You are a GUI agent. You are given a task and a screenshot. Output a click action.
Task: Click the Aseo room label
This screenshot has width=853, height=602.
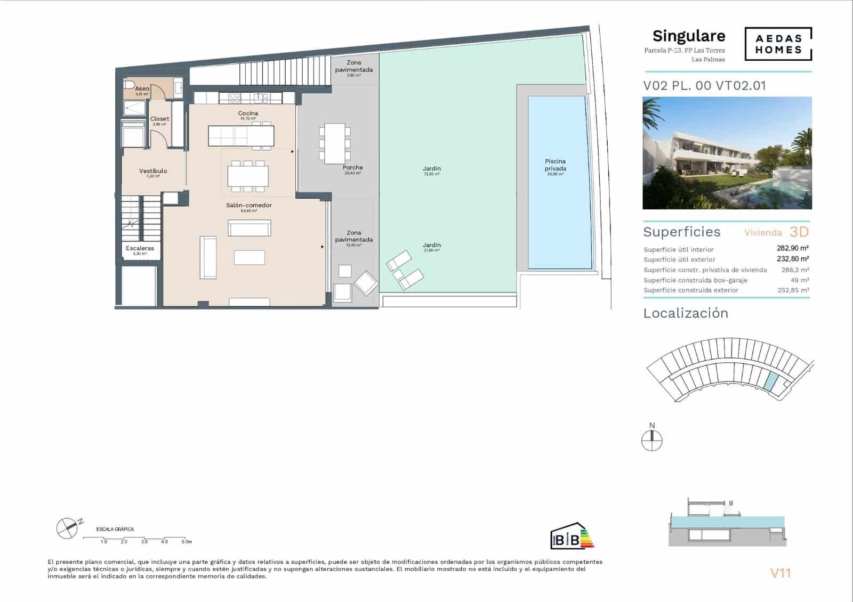point(142,89)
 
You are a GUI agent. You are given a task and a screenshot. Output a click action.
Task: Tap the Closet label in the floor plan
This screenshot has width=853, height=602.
point(159,119)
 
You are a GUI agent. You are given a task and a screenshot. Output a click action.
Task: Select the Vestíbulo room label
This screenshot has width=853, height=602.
point(153,171)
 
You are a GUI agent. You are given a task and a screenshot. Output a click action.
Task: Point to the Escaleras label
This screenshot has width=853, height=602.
point(140,248)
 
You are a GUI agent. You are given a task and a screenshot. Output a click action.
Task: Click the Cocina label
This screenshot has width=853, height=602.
point(248,113)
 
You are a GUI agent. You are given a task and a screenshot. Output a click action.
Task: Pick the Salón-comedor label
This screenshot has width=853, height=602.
point(248,205)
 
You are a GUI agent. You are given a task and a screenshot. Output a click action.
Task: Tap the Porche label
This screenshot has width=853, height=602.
point(352,168)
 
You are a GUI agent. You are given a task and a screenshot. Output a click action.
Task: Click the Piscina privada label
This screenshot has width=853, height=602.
point(555,165)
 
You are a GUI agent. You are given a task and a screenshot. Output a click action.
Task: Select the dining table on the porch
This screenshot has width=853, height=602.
point(334,143)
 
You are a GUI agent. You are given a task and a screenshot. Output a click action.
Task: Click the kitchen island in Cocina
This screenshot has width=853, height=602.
point(241,135)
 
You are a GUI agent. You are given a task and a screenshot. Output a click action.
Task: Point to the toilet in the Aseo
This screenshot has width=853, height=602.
point(129,85)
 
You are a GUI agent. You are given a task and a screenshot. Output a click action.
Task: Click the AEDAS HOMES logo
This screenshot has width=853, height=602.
point(778,44)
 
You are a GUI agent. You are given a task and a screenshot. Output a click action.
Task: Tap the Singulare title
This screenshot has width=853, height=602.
point(688,36)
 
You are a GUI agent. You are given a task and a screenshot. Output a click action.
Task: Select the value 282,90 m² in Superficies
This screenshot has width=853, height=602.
point(792,248)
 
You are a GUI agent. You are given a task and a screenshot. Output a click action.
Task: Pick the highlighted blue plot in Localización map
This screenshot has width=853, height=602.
point(770,380)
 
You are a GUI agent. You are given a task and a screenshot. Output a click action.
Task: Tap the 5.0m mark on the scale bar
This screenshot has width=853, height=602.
point(186,541)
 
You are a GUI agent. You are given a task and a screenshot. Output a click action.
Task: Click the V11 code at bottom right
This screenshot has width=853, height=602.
point(780,573)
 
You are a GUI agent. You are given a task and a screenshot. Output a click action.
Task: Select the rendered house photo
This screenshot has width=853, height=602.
point(727,153)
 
